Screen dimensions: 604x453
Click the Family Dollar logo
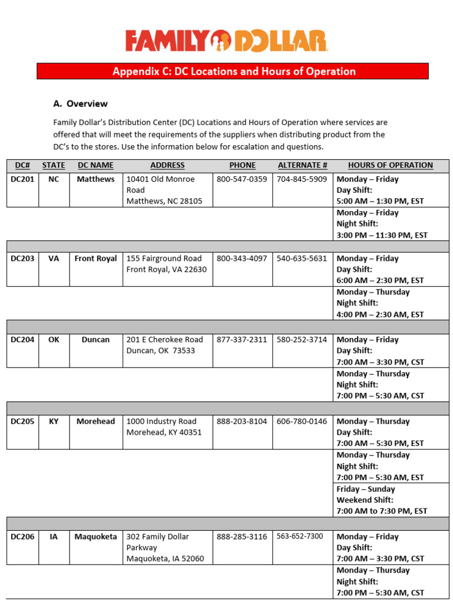click(x=226, y=41)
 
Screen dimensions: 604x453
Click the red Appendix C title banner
click(x=233, y=71)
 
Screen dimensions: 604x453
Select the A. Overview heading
click(x=80, y=104)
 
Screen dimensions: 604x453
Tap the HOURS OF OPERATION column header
click(x=390, y=165)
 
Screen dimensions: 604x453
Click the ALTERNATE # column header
click(x=303, y=165)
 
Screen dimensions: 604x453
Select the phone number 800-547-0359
click(x=242, y=179)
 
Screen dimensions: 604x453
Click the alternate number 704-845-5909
click(x=302, y=179)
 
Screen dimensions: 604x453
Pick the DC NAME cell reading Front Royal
click(x=96, y=258)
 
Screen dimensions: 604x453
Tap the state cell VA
click(x=54, y=258)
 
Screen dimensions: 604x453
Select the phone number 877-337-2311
click(x=242, y=340)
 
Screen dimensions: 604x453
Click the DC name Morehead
click(x=96, y=421)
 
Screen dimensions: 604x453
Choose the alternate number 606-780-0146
click(x=302, y=421)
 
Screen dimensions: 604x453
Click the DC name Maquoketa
click(x=96, y=537)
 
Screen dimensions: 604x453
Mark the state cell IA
click(x=54, y=537)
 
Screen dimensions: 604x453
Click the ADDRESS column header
click(x=168, y=165)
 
